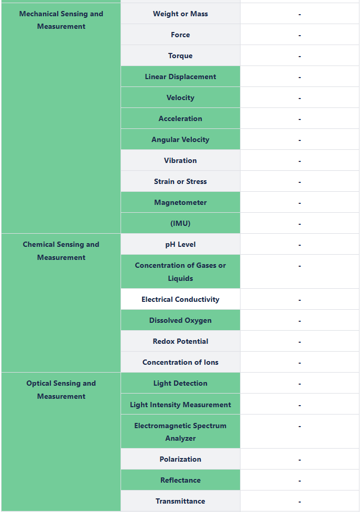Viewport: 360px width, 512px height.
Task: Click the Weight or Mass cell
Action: pyautogui.click(x=180, y=14)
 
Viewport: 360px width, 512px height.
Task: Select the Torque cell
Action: pyautogui.click(x=180, y=56)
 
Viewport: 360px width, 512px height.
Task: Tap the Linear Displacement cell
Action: pyautogui.click(x=180, y=77)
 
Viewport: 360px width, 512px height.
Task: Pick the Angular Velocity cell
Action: pyautogui.click(x=180, y=139)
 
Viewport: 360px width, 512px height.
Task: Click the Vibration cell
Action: pyautogui.click(x=180, y=160)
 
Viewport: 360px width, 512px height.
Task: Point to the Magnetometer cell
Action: pyautogui.click(x=180, y=202)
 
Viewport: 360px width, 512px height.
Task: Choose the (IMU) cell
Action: pyautogui.click(x=180, y=223)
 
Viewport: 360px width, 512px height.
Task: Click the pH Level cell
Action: pyautogui.click(x=180, y=244)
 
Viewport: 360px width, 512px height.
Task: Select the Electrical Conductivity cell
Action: pyautogui.click(x=180, y=299)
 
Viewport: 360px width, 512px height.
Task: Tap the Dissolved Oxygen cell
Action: pyautogui.click(x=180, y=320)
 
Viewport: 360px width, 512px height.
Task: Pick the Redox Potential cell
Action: pyautogui.click(x=180, y=341)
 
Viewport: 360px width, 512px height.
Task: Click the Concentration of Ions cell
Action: pyautogui.click(x=180, y=362)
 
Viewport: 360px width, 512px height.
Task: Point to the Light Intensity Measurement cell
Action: pyautogui.click(x=180, y=405)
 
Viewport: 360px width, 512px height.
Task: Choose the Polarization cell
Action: pyautogui.click(x=180, y=459)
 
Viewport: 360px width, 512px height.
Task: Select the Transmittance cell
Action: pyautogui.click(x=180, y=501)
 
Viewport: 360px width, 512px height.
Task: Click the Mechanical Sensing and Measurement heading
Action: pyautogui.click(x=61, y=20)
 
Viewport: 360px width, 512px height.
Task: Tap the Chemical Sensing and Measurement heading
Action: pyautogui.click(x=61, y=251)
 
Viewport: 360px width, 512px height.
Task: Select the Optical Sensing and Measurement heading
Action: pyautogui.click(x=61, y=389)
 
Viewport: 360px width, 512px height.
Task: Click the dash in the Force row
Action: pyautogui.click(x=300, y=35)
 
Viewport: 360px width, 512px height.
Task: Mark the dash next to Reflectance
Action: pyautogui.click(x=300, y=481)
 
